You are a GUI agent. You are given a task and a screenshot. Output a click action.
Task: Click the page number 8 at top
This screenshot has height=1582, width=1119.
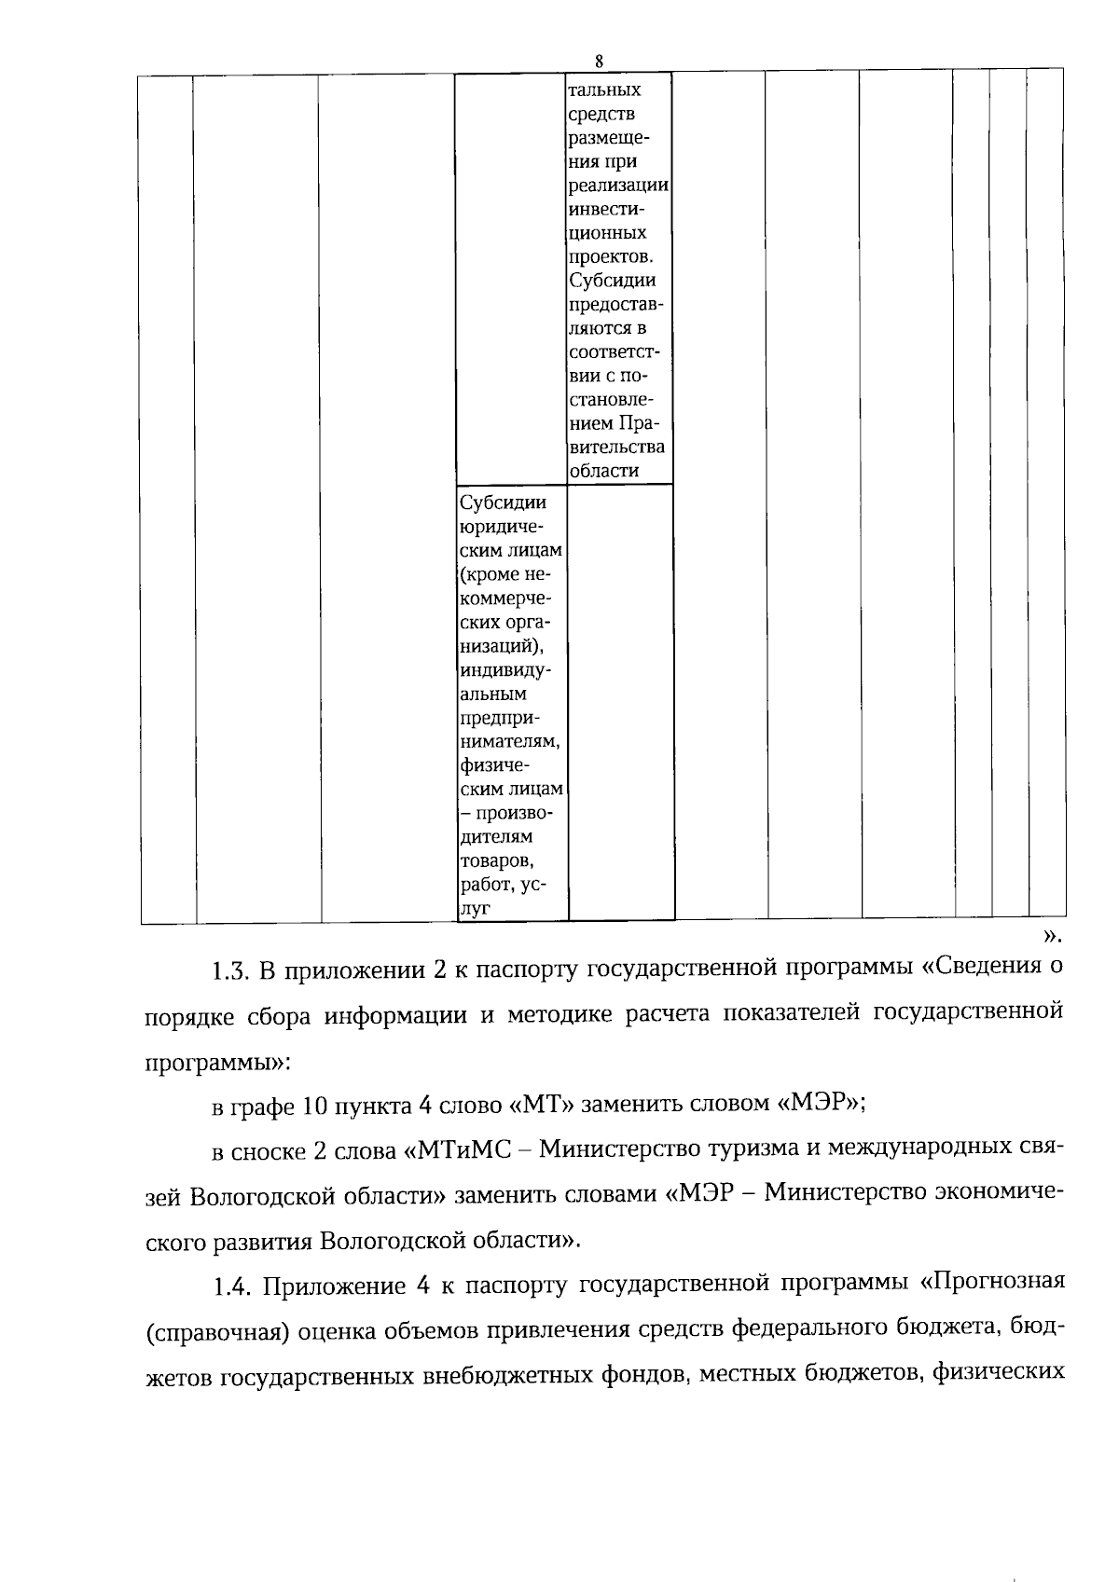coord(599,62)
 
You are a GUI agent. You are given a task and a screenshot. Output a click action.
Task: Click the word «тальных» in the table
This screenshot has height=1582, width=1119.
coord(604,90)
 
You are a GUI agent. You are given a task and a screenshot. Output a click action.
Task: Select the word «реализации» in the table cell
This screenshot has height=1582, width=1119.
coord(618,186)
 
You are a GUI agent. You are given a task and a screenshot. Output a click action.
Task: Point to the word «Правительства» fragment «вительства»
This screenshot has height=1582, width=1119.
coord(616,447)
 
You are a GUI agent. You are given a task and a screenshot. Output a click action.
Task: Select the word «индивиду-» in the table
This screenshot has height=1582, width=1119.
coord(504,669)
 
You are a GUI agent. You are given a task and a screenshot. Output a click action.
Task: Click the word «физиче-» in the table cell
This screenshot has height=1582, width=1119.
coord(494,765)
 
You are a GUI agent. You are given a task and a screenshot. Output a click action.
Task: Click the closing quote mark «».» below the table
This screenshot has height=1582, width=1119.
coord(1051,935)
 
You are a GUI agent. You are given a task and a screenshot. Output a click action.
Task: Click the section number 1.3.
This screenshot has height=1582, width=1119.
coord(228,971)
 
